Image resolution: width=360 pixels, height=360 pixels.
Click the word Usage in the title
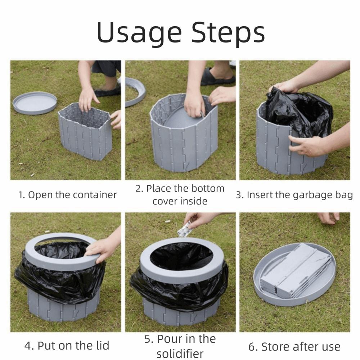(x=139, y=33)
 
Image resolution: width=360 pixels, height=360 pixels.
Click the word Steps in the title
(x=228, y=33)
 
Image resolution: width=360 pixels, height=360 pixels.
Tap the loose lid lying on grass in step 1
(x=35, y=103)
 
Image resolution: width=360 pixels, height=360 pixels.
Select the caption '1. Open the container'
(x=67, y=195)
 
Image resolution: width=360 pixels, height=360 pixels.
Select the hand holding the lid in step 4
(x=103, y=248)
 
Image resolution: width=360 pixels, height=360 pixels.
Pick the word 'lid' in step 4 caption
(x=102, y=345)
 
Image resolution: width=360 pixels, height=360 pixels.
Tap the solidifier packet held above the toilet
(x=185, y=229)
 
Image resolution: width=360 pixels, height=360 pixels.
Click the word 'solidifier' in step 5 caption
(x=180, y=354)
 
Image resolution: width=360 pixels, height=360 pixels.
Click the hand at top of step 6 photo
(x=329, y=218)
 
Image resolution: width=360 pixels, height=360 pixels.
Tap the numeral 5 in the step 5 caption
(x=147, y=339)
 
